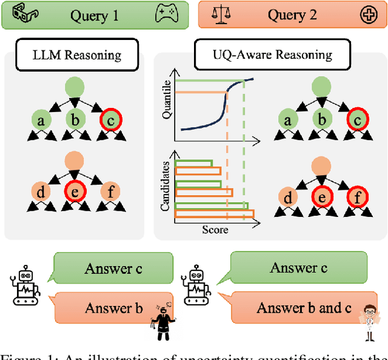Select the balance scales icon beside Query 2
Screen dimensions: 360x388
coord(221,15)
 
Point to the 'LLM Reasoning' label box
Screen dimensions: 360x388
coord(76,55)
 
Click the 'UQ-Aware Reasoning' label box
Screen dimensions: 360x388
coord(272,55)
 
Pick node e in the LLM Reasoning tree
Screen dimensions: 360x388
coord(76,194)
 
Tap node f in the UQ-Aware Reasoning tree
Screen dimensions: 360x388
coord(358,198)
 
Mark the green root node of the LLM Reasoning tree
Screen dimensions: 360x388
coord(76,85)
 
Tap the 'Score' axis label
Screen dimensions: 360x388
coord(215,230)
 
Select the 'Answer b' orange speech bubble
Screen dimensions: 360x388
coord(100,308)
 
